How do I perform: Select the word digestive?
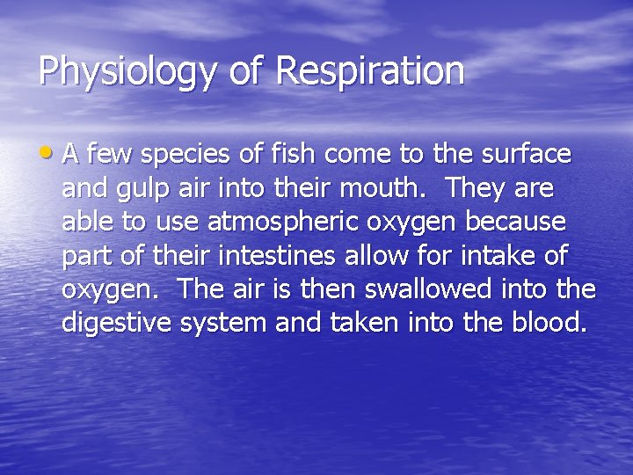coord(116,324)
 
